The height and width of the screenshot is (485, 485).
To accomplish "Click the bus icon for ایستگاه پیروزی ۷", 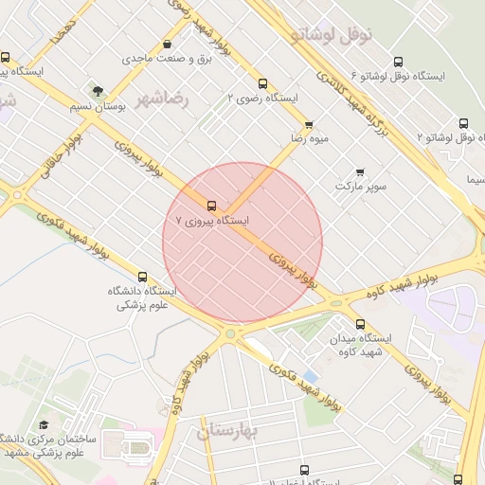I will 210,204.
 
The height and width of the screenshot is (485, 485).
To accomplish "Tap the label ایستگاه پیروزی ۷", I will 213,220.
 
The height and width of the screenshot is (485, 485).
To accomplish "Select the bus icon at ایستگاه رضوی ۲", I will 262,82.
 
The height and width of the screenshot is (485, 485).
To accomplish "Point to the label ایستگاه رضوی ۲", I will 262,98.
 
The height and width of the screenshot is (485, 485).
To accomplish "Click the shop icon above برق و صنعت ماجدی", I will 168,44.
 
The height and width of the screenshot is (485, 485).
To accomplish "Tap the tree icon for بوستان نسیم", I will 99,90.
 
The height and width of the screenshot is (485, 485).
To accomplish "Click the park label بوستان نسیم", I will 99,105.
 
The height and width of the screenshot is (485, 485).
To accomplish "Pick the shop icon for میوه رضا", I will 308,125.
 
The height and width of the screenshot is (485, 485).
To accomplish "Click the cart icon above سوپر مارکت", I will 360,171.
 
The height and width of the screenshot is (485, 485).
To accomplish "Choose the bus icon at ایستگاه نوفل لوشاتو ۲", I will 463,123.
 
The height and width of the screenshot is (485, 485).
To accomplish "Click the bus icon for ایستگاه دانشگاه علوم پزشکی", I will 142,277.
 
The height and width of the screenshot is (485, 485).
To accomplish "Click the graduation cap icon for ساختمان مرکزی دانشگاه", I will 43,426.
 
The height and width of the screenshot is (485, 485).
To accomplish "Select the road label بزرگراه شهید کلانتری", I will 353,95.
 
